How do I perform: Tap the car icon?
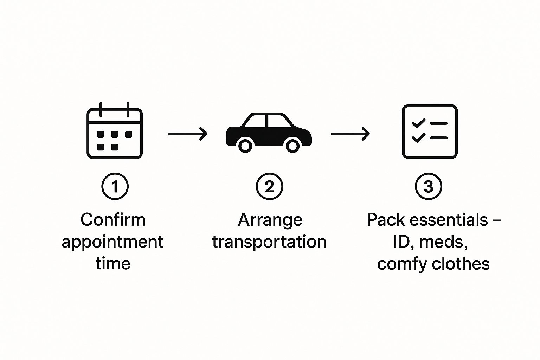pyautogui.click(x=269, y=132)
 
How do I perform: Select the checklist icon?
pyautogui.click(x=430, y=131)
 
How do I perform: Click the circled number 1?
pyautogui.click(x=115, y=186)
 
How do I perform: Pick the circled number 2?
pyautogui.click(x=269, y=186)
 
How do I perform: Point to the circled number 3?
pyautogui.click(x=429, y=186)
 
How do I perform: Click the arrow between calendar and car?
pyautogui.click(x=187, y=134)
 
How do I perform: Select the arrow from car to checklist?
pyautogui.click(x=350, y=134)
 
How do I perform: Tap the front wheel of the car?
pyautogui.click(x=292, y=145)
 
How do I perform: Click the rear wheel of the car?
pyautogui.click(x=245, y=145)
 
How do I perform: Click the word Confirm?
pyautogui.click(x=113, y=220)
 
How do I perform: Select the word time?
pyautogui.click(x=113, y=263)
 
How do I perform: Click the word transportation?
pyautogui.click(x=269, y=242)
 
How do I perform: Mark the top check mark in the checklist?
pyautogui.click(x=418, y=123)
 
